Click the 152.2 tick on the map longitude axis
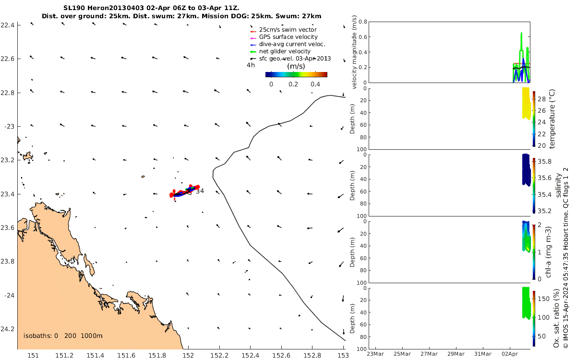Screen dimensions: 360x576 click(x=219, y=355)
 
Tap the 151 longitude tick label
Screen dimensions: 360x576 click(x=33, y=355)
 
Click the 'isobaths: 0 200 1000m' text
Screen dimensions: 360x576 click(x=63, y=336)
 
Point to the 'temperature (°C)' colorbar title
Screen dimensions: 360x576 click(x=552, y=118)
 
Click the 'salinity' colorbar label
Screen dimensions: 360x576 click(x=558, y=185)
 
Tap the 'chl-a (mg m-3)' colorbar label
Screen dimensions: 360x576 click(x=552, y=250)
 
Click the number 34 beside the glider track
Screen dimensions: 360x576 click(x=200, y=191)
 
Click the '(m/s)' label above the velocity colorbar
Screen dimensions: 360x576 click(x=297, y=66)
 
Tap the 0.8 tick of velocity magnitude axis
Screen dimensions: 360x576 click(x=363, y=22)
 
